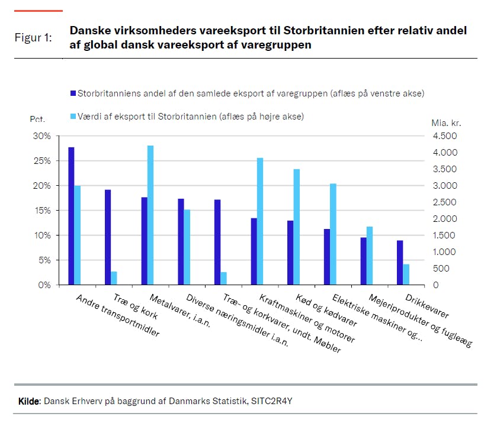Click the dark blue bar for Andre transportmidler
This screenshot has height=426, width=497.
click(x=71, y=216)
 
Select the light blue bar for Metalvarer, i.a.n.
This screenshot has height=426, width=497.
click(x=150, y=215)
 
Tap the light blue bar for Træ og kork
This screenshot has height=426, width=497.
click(x=114, y=278)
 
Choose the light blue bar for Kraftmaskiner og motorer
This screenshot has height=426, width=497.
click(x=260, y=221)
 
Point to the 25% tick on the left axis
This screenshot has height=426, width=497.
click(x=42, y=161)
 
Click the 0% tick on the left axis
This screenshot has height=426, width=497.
click(x=44, y=285)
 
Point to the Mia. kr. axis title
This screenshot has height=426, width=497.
click(x=447, y=124)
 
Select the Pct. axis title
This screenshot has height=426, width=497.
click(x=37, y=119)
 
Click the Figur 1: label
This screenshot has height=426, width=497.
click(x=33, y=38)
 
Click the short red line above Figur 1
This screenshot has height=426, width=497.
click(x=38, y=11)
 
